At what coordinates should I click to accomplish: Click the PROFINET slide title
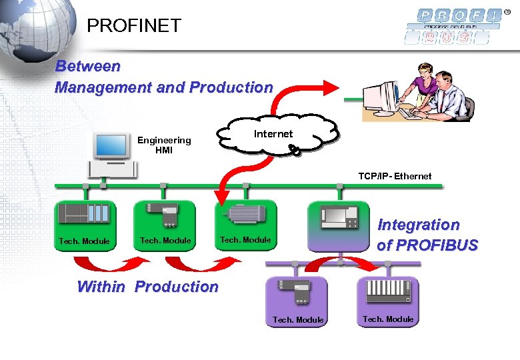(134, 26)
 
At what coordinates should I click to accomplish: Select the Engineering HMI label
(164, 145)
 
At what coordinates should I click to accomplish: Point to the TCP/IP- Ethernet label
(395, 176)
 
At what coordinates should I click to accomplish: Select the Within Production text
(147, 287)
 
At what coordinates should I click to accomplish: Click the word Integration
(418, 225)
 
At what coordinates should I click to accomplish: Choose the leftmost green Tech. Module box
(85, 223)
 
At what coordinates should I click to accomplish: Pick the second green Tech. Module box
(165, 223)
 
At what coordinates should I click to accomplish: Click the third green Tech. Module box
(245, 223)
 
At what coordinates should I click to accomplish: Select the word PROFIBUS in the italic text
(427, 245)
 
